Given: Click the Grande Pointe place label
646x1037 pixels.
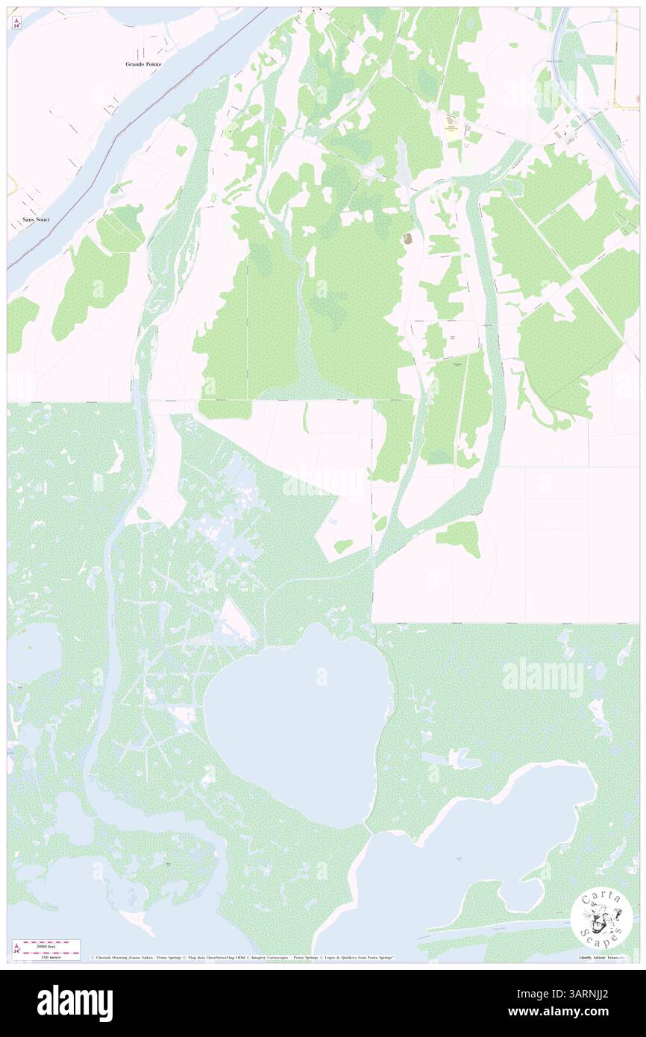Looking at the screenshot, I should click(x=142, y=65).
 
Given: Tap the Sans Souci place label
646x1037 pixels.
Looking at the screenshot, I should click(x=36, y=221).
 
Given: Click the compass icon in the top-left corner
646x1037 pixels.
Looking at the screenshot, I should click(x=16, y=22).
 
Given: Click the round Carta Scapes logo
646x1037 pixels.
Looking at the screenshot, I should click(x=601, y=919).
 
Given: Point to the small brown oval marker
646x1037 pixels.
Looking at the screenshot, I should click(x=407, y=239).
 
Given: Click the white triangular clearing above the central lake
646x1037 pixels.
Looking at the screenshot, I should click(x=240, y=623).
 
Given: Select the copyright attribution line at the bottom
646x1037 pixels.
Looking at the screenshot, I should click(x=242, y=957).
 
